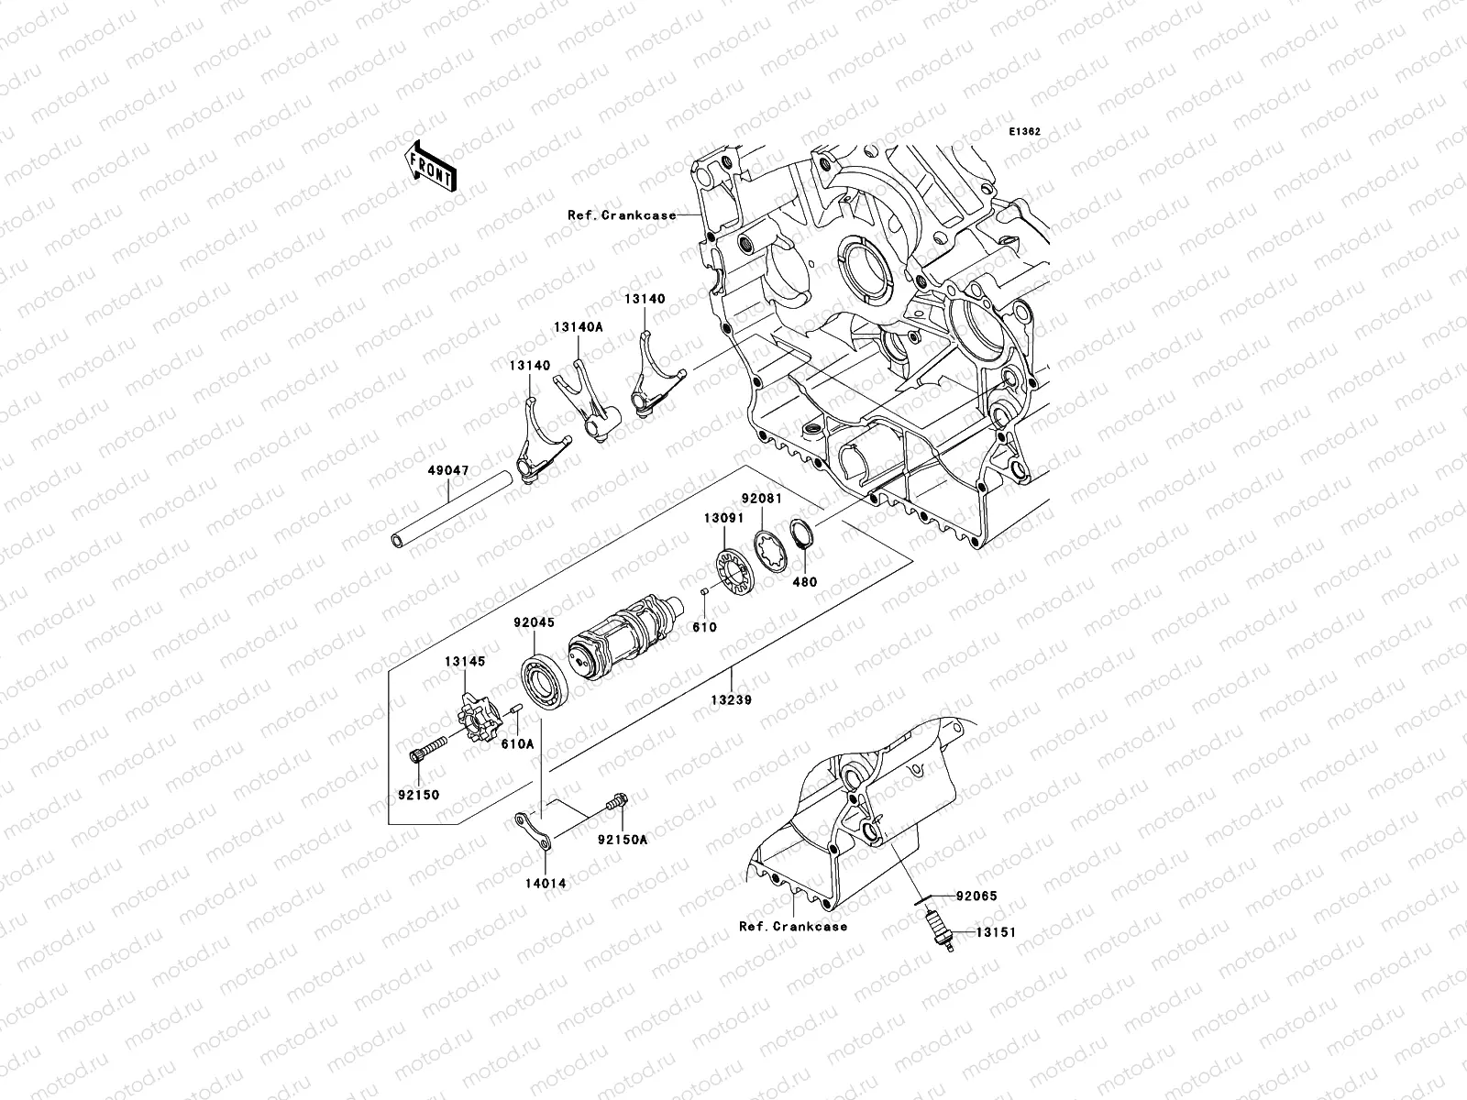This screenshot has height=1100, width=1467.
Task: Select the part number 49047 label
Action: (x=447, y=470)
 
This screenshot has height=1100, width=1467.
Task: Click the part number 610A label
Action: (x=517, y=744)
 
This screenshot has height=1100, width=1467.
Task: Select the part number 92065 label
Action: (x=976, y=896)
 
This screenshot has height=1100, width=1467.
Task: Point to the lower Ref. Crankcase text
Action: (x=792, y=926)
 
